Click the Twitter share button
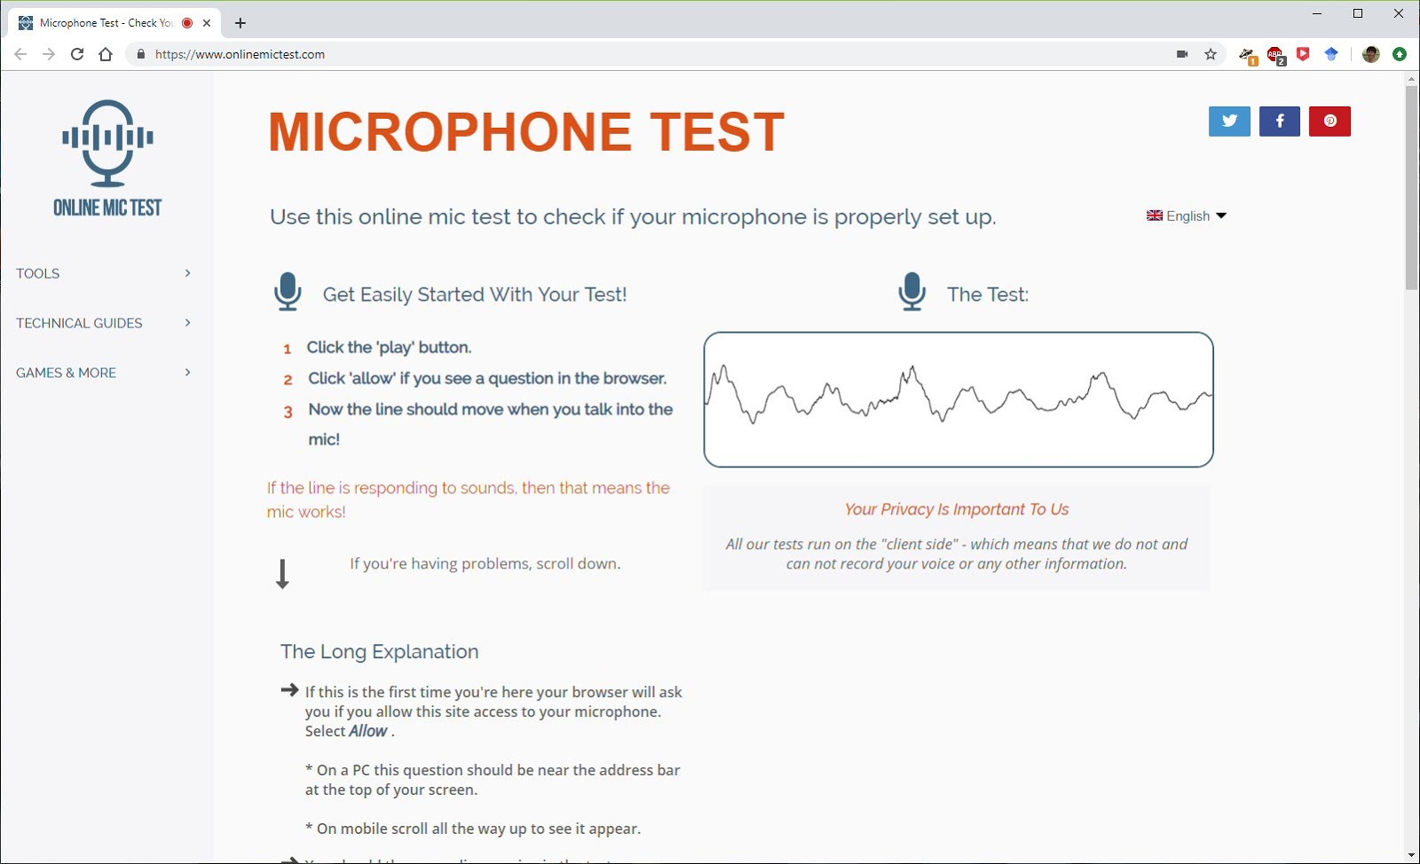[1229, 122]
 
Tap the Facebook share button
[1279, 122]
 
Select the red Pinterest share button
[1329, 122]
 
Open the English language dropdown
[1186, 216]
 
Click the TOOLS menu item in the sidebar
[38, 273]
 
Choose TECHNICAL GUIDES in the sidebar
[79, 323]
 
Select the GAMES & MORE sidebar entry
[66, 373]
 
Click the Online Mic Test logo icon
[107, 142]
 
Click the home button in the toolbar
[106, 54]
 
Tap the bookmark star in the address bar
[1211, 54]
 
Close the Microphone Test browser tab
[207, 23]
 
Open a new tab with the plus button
[240, 23]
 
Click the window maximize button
[1358, 13]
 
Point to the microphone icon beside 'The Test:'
[911, 291]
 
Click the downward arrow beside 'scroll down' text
[282, 574]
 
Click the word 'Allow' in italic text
[368, 731]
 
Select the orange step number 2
[288, 380]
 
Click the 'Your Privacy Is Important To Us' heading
[957, 509]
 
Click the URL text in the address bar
[240, 54]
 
